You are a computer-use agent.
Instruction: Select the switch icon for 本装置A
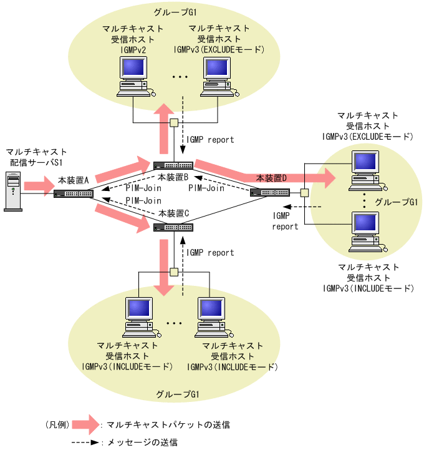tap(74, 193)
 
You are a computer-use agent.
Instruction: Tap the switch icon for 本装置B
tap(174, 166)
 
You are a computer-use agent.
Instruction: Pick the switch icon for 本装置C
tap(174, 226)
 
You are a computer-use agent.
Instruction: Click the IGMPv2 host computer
tap(134, 78)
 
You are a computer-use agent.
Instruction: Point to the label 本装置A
tap(74, 180)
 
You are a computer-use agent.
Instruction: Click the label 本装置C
tap(174, 213)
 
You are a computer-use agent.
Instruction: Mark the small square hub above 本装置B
tap(175, 122)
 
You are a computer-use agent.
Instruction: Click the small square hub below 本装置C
tap(175, 271)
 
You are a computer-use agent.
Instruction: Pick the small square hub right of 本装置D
tap(304, 193)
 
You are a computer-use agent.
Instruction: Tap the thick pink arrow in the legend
tap(85, 424)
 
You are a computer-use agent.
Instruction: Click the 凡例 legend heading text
tap(57, 424)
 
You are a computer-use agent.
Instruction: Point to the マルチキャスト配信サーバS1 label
tap(35, 157)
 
